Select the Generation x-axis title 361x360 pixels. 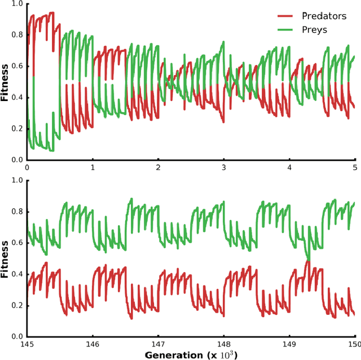[191, 355]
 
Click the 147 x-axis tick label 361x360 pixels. [158, 344]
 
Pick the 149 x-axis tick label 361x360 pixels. [289, 344]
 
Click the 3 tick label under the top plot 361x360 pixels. [224, 168]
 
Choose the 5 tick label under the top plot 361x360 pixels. [355, 168]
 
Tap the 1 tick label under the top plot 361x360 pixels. [93, 168]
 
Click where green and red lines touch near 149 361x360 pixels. [308, 259]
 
